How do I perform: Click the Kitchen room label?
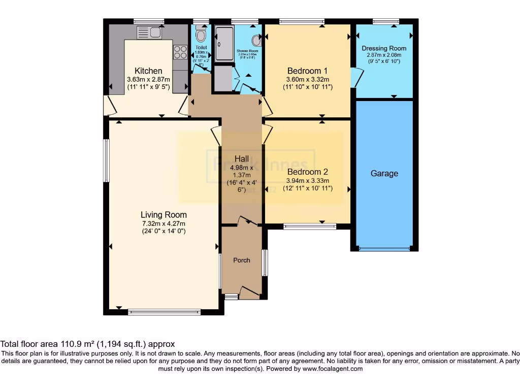click(148, 71)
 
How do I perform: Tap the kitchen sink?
click(149, 33)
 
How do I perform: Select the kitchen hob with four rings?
click(180, 52)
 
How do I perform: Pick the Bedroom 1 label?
click(307, 71)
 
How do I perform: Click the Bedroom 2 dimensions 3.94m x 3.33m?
click(307, 180)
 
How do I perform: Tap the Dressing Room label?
click(384, 49)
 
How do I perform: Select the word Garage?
click(384, 174)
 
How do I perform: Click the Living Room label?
click(164, 215)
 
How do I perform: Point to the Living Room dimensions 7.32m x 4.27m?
click(164, 223)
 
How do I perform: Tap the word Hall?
click(241, 159)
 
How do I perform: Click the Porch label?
click(242, 261)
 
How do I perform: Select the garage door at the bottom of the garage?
click(384, 249)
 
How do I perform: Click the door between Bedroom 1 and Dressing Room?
click(356, 78)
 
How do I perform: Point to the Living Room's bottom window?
click(165, 312)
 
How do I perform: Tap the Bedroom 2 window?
click(310, 226)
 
